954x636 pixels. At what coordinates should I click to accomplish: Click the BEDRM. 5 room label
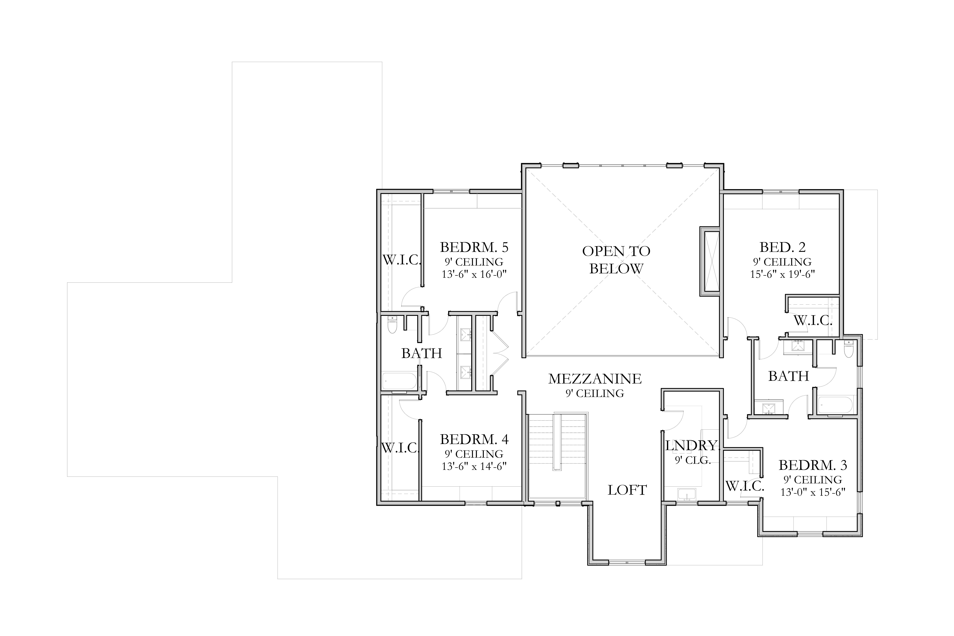point(474,247)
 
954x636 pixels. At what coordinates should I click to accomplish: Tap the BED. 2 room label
point(782,247)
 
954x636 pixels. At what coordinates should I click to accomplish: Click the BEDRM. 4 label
point(474,439)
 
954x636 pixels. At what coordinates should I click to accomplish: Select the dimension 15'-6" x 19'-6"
point(782,274)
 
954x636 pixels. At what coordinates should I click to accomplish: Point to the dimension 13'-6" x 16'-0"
point(474,274)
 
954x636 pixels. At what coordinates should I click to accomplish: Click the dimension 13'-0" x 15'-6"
point(813,492)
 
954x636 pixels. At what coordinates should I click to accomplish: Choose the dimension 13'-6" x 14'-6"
point(474,466)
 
